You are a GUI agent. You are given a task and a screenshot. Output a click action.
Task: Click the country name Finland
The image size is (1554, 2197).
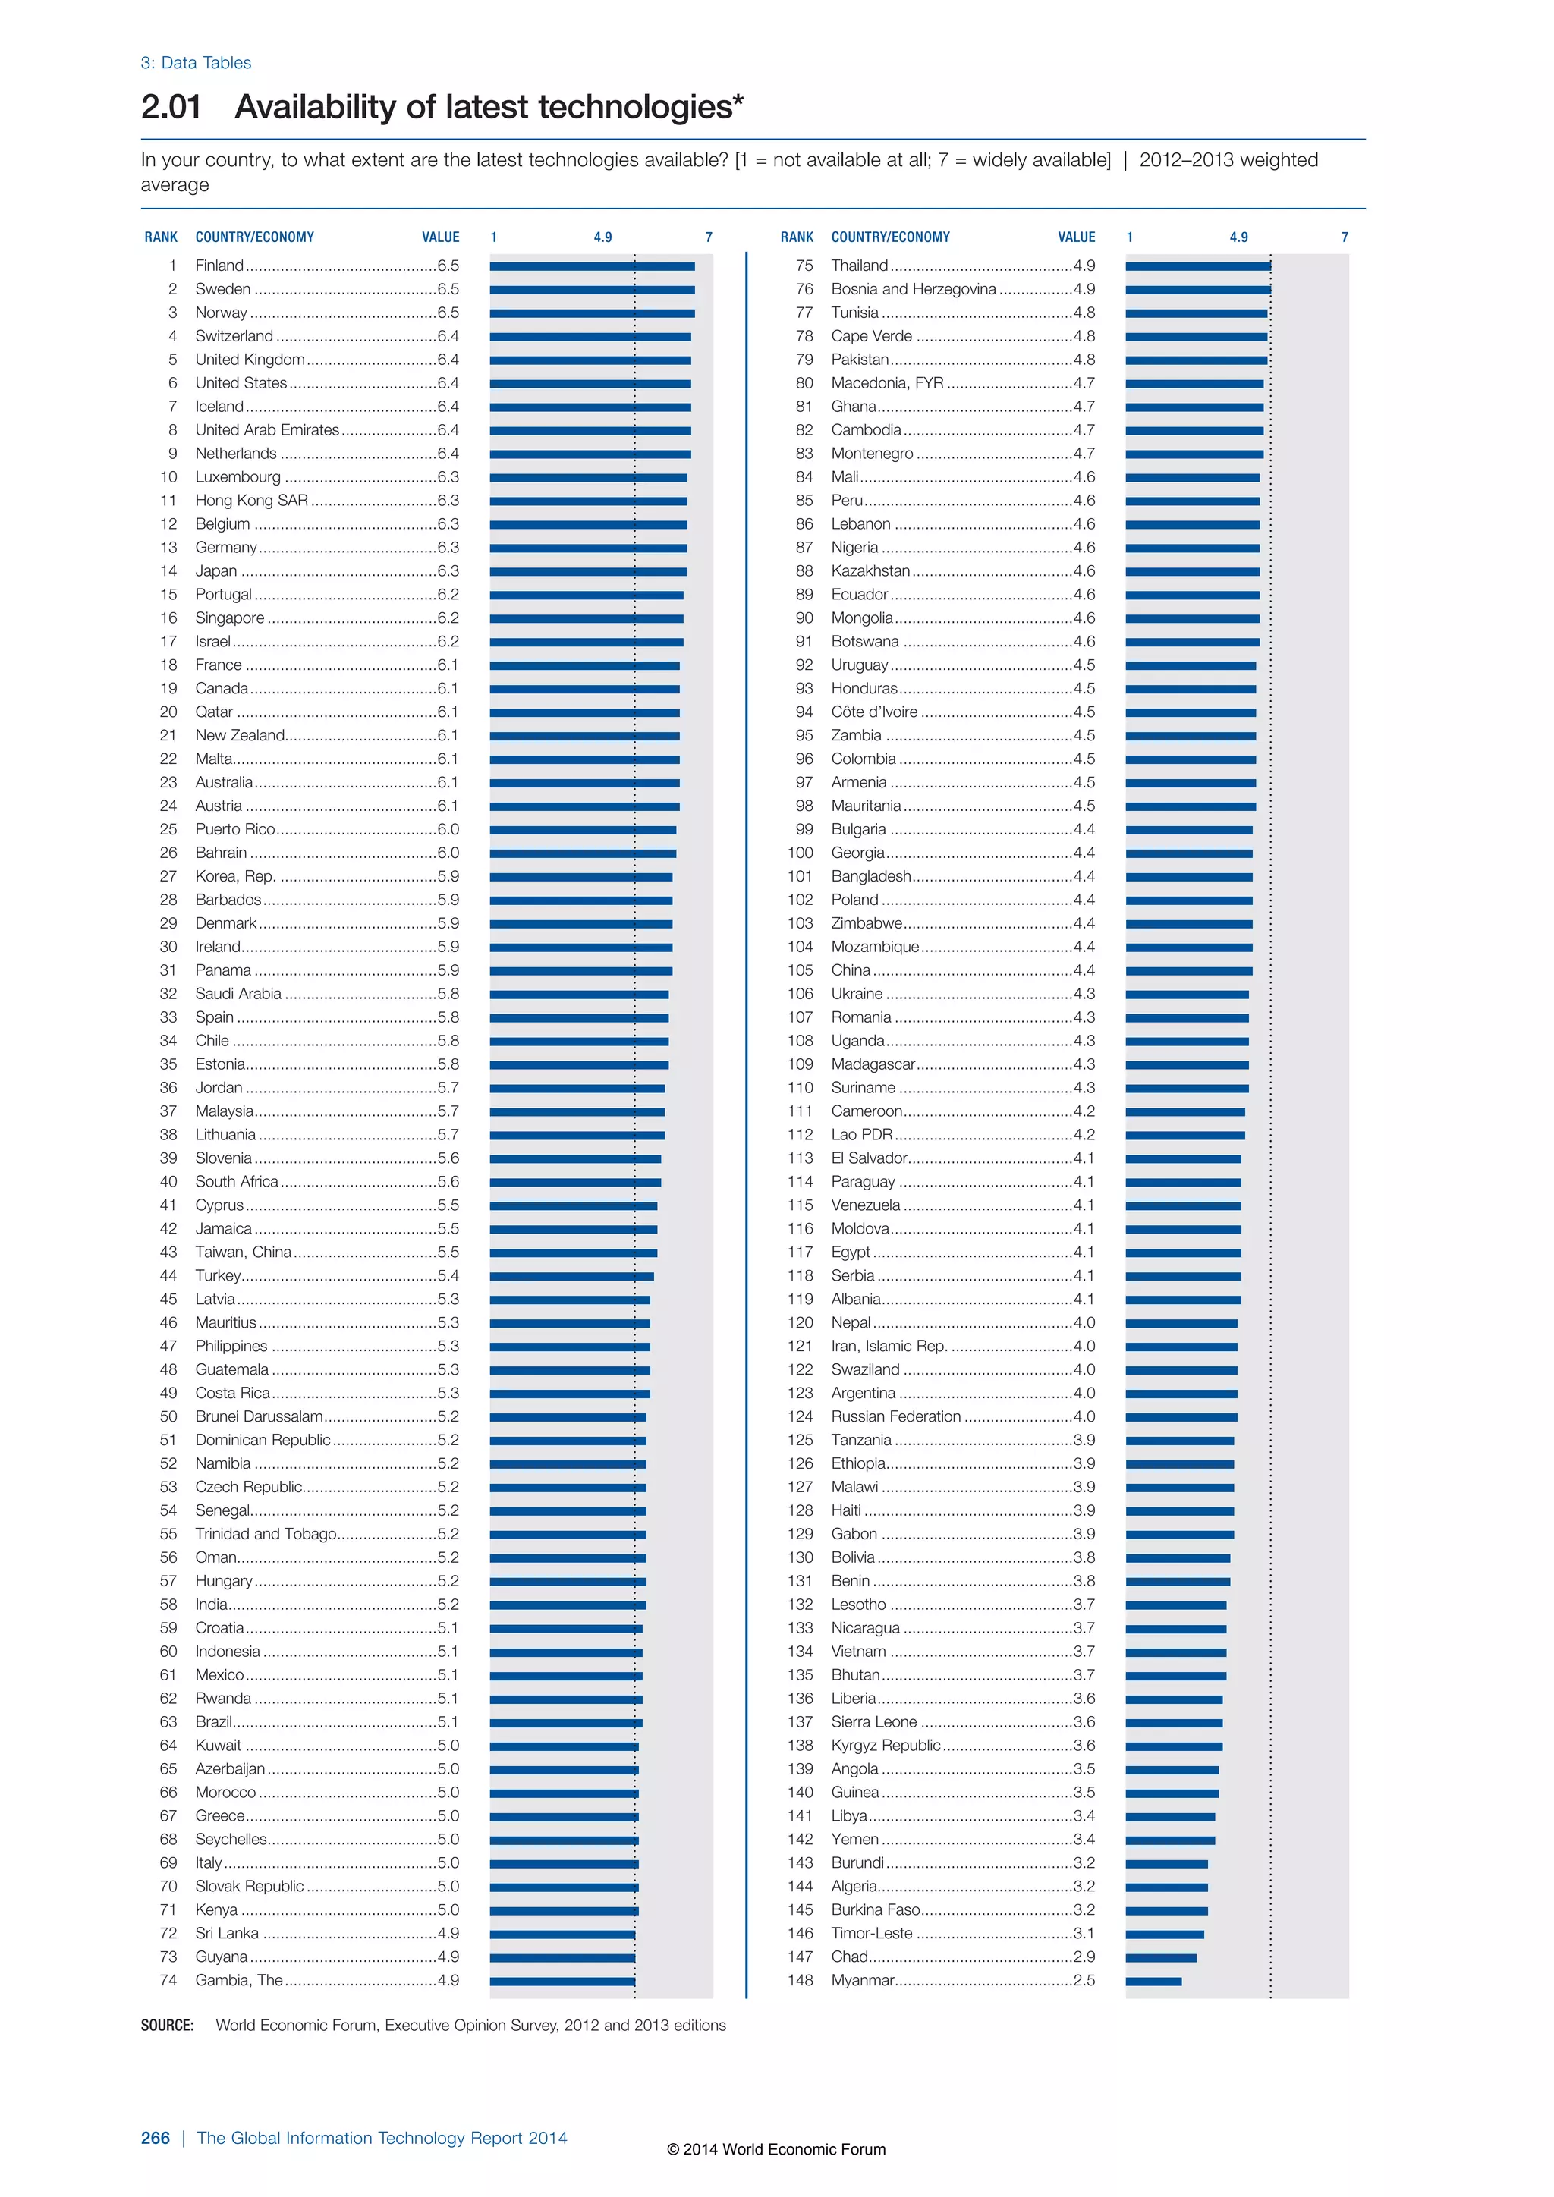coord(219,265)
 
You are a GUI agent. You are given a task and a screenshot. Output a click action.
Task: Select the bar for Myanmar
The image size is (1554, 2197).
coord(1153,1981)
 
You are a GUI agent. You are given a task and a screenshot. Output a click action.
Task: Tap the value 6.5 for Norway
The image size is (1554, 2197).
coord(448,312)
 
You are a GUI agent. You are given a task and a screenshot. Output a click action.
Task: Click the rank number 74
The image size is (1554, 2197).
coord(168,1980)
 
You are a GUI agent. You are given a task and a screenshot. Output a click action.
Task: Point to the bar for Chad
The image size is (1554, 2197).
coord(1161,1957)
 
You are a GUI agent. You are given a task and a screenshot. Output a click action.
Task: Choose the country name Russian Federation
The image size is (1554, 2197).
coord(895,1416)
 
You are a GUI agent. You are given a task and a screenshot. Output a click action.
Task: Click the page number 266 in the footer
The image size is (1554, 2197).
coord(155,2138)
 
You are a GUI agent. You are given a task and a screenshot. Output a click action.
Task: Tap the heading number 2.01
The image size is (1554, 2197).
coord(171,106)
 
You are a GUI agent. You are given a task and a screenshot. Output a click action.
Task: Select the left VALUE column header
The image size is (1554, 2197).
coord(440,237)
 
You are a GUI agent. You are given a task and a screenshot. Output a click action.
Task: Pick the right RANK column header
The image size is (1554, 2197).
coord(796,237)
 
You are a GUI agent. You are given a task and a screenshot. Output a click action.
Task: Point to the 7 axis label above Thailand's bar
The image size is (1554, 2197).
coord(1345,237)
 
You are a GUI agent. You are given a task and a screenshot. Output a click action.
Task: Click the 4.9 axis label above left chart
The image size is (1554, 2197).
coord(602,237)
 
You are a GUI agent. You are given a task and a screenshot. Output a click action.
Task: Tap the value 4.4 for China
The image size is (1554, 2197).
coord(1084,970)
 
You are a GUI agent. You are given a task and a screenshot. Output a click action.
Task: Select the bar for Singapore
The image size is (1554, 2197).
coord(587,618)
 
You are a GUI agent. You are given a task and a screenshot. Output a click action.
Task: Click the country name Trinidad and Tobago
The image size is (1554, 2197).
coord(266,1534)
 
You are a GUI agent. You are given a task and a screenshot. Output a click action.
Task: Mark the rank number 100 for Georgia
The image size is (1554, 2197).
coord(800,853)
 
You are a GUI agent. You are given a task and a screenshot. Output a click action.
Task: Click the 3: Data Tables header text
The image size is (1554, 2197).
coord(197,63)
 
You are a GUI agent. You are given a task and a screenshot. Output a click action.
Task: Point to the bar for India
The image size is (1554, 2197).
coord(568,1605)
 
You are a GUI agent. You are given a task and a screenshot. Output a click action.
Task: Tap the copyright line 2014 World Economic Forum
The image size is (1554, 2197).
coord(776,2149)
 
